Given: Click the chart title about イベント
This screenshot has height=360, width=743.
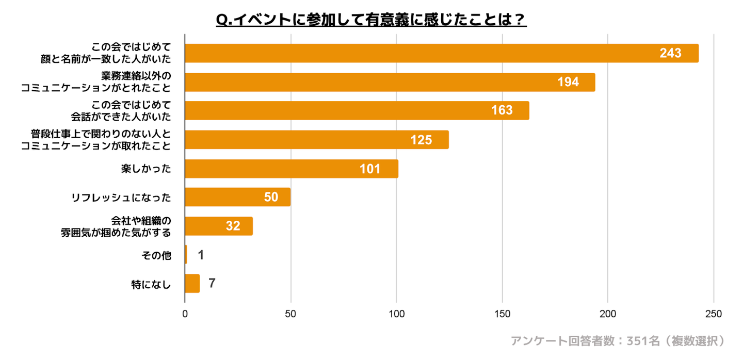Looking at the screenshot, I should (371, 19).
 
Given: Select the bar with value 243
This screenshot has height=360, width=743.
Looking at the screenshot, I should (441, 54).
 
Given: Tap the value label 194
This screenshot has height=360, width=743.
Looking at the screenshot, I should (568, 83).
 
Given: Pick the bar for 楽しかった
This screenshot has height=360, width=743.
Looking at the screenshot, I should (291, 169).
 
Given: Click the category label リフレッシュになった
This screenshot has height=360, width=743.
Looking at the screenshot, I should (121, 198).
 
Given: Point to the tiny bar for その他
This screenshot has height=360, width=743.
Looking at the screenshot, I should (186, 255).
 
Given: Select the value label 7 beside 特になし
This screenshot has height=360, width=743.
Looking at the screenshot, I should (212, 284).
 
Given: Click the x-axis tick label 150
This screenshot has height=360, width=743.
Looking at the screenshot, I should (502, 314).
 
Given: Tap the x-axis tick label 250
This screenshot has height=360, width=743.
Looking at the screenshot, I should (714, 314).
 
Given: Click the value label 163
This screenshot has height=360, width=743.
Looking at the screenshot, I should (502, 111).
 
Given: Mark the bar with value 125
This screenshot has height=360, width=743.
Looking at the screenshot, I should (316, 140).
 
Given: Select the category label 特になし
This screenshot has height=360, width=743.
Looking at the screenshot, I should (151, 284).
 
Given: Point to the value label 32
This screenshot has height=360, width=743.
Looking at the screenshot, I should (233, 226).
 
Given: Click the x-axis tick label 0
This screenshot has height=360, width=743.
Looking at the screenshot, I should (185, 314).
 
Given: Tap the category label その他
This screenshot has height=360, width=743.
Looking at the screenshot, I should (156, 255).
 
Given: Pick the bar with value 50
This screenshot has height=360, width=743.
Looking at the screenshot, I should (237, 197).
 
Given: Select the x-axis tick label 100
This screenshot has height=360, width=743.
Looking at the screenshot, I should (396, 314).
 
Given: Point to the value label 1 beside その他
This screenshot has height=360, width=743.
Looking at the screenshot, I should (201, 255).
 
